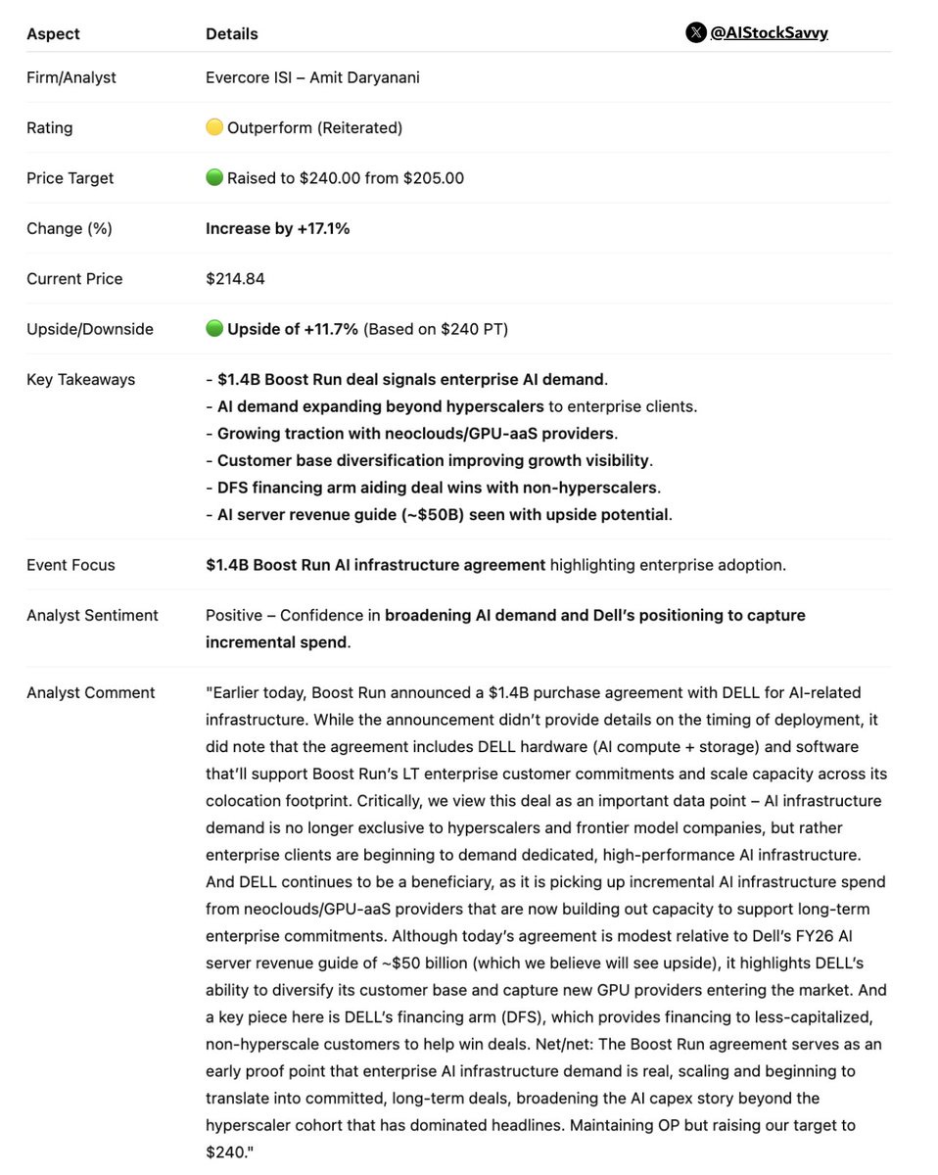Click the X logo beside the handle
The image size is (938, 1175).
(695, 32)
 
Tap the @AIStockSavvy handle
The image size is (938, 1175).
(769, 32)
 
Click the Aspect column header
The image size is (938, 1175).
(53, 33)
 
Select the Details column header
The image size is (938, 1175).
(232, 33)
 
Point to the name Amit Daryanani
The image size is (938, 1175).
(364, 77)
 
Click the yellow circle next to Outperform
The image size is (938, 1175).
(214, 127)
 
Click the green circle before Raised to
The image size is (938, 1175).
(214, 178)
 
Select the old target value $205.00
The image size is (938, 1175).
(434, 178)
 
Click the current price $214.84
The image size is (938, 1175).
(235, 279)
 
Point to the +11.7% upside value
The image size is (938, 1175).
(330, 329)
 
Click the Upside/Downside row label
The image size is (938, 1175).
(90, 329)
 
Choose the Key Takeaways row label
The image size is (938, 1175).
(81, 380)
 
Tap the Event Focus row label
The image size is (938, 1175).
(70, 565)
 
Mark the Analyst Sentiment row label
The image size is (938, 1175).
(92, 615)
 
